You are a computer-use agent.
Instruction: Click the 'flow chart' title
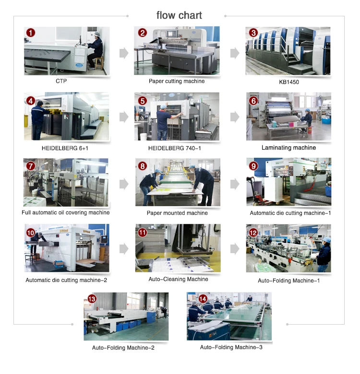179,15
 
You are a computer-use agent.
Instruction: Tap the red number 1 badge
31,33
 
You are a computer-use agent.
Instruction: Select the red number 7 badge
31,166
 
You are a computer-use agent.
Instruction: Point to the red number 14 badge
203,299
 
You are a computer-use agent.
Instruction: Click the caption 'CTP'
61,81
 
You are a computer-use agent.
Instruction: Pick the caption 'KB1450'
289,82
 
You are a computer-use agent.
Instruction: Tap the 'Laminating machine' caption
288,148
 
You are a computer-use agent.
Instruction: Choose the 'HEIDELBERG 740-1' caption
175,148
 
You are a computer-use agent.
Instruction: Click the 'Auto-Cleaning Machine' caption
179,279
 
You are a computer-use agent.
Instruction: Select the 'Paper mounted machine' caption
177,213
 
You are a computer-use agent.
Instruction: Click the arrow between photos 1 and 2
124,53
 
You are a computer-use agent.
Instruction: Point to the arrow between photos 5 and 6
235,117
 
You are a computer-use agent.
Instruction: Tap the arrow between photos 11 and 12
235,249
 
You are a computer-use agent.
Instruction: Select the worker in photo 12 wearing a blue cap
324,254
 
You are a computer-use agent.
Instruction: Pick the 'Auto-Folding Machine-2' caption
123,348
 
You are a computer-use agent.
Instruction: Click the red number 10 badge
31,233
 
